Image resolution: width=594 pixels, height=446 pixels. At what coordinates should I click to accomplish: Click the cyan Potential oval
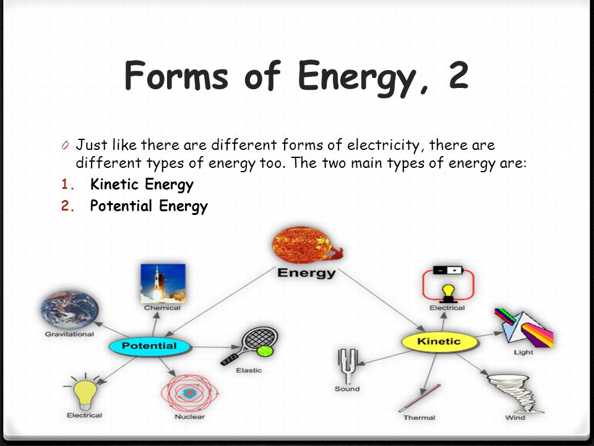[149, 346]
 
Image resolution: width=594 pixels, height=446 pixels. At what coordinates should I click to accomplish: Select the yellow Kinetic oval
[439, 342]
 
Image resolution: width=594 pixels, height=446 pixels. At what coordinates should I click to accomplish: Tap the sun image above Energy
[306, 245]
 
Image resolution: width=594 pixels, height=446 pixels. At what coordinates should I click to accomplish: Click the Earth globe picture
[69, 310]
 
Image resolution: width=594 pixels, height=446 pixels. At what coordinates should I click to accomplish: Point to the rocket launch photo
[163, 284]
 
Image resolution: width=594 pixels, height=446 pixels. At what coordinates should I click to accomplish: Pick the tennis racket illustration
[249, 346]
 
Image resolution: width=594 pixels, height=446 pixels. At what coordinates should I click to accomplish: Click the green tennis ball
[265, 351]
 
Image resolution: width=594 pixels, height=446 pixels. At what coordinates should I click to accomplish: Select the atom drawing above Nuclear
[189, 393]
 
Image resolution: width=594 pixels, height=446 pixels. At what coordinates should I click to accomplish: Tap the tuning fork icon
[347, 366]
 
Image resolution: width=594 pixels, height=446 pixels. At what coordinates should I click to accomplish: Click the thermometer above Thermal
[420, 398]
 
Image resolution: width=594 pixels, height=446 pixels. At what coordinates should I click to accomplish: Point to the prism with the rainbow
[524, 328]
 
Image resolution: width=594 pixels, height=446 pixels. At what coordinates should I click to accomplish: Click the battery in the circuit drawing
[448, 270]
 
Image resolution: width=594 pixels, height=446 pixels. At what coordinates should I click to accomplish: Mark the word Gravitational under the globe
[69, 334]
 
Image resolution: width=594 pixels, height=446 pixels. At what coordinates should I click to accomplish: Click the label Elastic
[249, 370]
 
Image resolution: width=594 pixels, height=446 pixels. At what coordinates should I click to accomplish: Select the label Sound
[347, 389]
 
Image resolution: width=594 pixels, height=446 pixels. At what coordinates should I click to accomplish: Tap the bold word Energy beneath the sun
[306, 273]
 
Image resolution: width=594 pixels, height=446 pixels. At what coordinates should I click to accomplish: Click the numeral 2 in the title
[459, 75]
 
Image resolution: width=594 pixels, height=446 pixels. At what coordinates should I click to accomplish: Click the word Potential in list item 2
[121, 206]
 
